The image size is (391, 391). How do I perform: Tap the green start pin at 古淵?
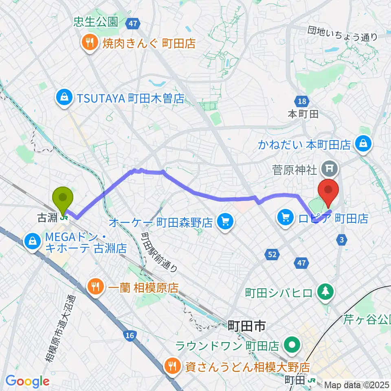(x=63, y=198)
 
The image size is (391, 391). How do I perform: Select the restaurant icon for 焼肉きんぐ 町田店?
(x=88, y=42)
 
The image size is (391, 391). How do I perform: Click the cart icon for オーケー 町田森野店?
(x=225, y=222)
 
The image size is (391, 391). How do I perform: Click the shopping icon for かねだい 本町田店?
(x=362, y=144)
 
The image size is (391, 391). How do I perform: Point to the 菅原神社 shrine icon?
(x=327, y=167)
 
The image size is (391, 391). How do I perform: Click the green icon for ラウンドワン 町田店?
(x=292, y=346)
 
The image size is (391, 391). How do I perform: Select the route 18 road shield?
(x=301, y=102)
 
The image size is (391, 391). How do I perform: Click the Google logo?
(x=28, y=382)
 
